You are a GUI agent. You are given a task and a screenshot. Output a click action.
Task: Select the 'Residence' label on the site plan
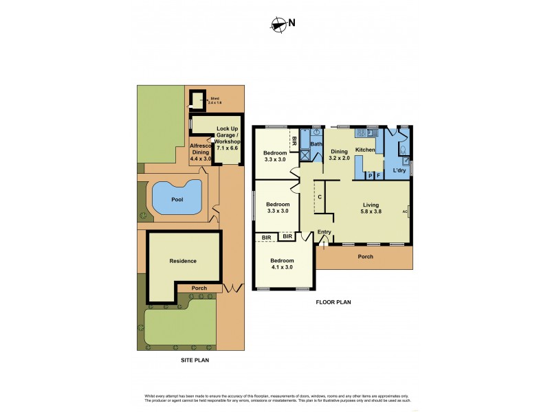(x=183, y=261)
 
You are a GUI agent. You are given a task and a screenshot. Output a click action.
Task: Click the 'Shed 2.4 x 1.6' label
(x=215, y=100)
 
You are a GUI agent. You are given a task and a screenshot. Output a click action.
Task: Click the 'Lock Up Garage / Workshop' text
(x=227, y=138)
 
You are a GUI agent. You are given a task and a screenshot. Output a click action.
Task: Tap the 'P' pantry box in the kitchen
(x=370, y=176)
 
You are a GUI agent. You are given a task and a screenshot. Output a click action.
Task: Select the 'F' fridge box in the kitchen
(x=378, y=176)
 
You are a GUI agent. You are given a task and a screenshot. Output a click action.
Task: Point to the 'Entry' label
(x=324, y=232)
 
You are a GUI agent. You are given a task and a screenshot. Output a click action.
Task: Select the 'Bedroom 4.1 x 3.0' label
(x=282, y=264)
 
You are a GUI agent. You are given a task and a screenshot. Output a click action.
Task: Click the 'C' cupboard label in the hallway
(x=320, y=198)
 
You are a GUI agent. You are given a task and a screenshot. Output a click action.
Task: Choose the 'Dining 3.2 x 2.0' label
(x=339, y=154)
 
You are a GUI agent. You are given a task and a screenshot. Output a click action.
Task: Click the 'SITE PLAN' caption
(x=190, y=359)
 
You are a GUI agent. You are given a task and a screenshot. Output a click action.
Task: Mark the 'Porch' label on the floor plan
(x=365, y=257)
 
